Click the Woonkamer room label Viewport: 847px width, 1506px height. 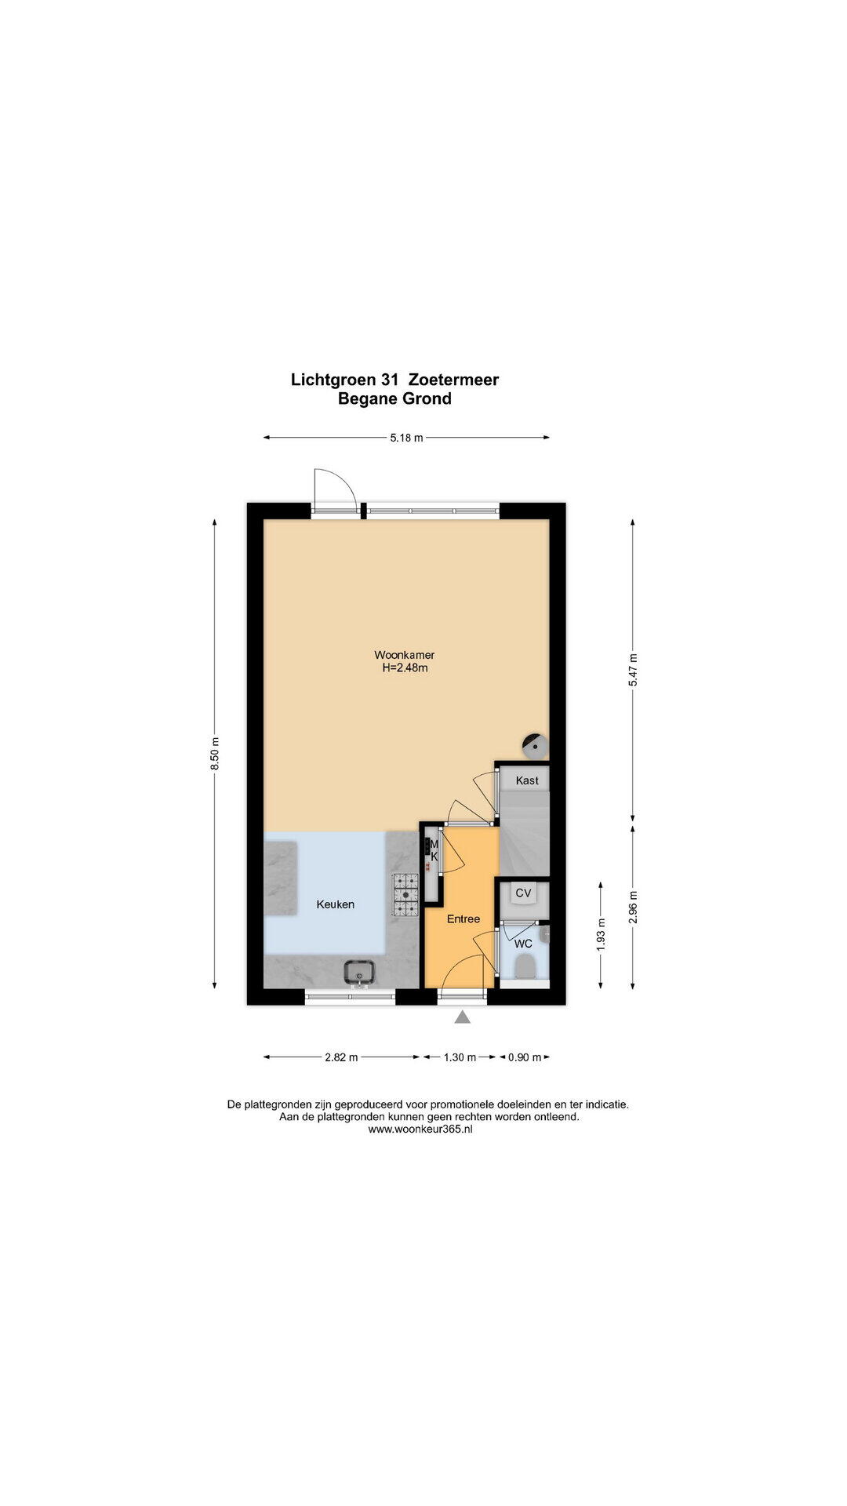point(404,655)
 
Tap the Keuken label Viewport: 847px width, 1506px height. point(336,904)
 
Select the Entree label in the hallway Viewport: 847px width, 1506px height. point(463,919)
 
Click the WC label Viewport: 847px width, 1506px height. point(523,944)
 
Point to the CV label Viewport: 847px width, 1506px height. point(523,893)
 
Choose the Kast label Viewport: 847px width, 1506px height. point(527,780)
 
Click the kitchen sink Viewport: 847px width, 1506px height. point(360,973)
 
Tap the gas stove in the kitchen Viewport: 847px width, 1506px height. point(406,895)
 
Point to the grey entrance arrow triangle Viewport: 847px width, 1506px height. point(463,1017)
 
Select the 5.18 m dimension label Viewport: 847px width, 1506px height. point(406,438)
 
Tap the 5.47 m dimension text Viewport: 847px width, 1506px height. point(633,671)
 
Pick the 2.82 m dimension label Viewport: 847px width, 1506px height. point(341,1057)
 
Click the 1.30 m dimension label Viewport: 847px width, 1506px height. point(460,1057)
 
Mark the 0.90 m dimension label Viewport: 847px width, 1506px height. point(525,1057)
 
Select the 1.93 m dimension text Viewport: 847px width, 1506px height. point(601,935)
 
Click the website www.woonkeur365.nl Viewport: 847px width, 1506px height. point(420,1129)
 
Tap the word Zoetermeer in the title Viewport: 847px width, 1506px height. point(454,380)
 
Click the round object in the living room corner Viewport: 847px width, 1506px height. point(535,744)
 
